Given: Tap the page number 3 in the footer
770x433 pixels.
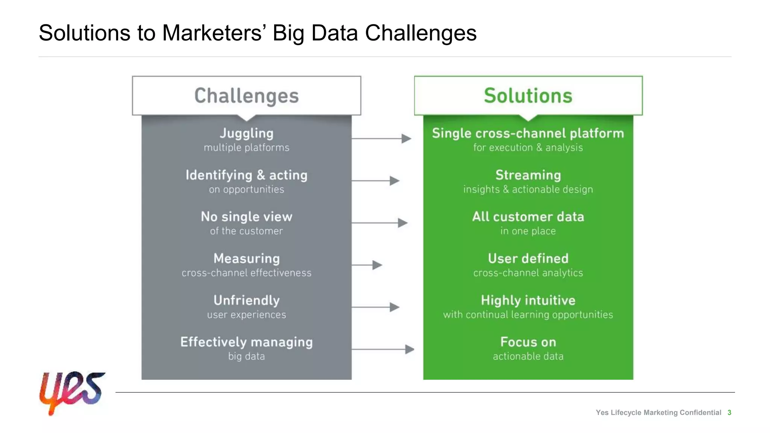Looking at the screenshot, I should [x=729, y=413].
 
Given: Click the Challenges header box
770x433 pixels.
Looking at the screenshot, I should [x=246, y=96].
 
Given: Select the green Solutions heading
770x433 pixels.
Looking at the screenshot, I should [x=528, y=96].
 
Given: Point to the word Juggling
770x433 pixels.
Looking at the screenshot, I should [x=246, y=133].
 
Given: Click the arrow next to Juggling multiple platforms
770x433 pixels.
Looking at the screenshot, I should [x=381, y=139].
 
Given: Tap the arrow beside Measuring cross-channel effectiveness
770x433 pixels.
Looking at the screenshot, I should [x=367, y=265].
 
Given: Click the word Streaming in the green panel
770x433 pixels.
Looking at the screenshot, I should [x=528, y=175].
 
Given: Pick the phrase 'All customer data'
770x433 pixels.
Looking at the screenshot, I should [x=528, y=217].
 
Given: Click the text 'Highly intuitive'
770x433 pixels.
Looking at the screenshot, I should [x=528, y=300].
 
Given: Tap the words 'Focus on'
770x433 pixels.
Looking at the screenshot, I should [x=528, y=342].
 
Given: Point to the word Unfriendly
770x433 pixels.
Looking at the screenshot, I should [x=246, y=300].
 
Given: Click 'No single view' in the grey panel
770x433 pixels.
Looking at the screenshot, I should [x=246, y=217].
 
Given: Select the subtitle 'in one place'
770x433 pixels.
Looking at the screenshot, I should [x=528, y=231].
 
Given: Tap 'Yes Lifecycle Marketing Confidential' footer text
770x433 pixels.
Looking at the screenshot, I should [x=658, y=413].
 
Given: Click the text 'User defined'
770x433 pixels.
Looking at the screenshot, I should [x=528, y=259].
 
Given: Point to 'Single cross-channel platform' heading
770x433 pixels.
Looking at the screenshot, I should [x=528, y=133].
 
